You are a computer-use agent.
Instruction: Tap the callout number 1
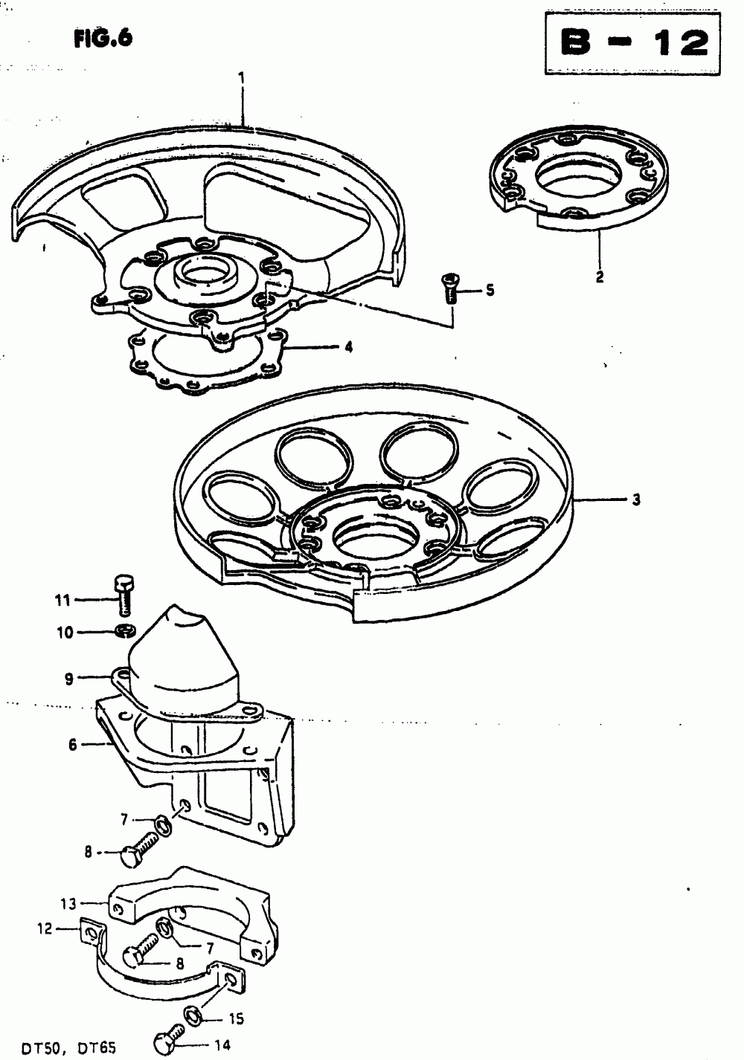click(241, 77)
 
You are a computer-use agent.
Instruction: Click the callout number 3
click(636, 500)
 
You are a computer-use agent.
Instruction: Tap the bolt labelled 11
click(124, 594)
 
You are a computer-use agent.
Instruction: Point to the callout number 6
click(72, 744)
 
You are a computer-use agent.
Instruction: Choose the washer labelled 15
click(191, 1015)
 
